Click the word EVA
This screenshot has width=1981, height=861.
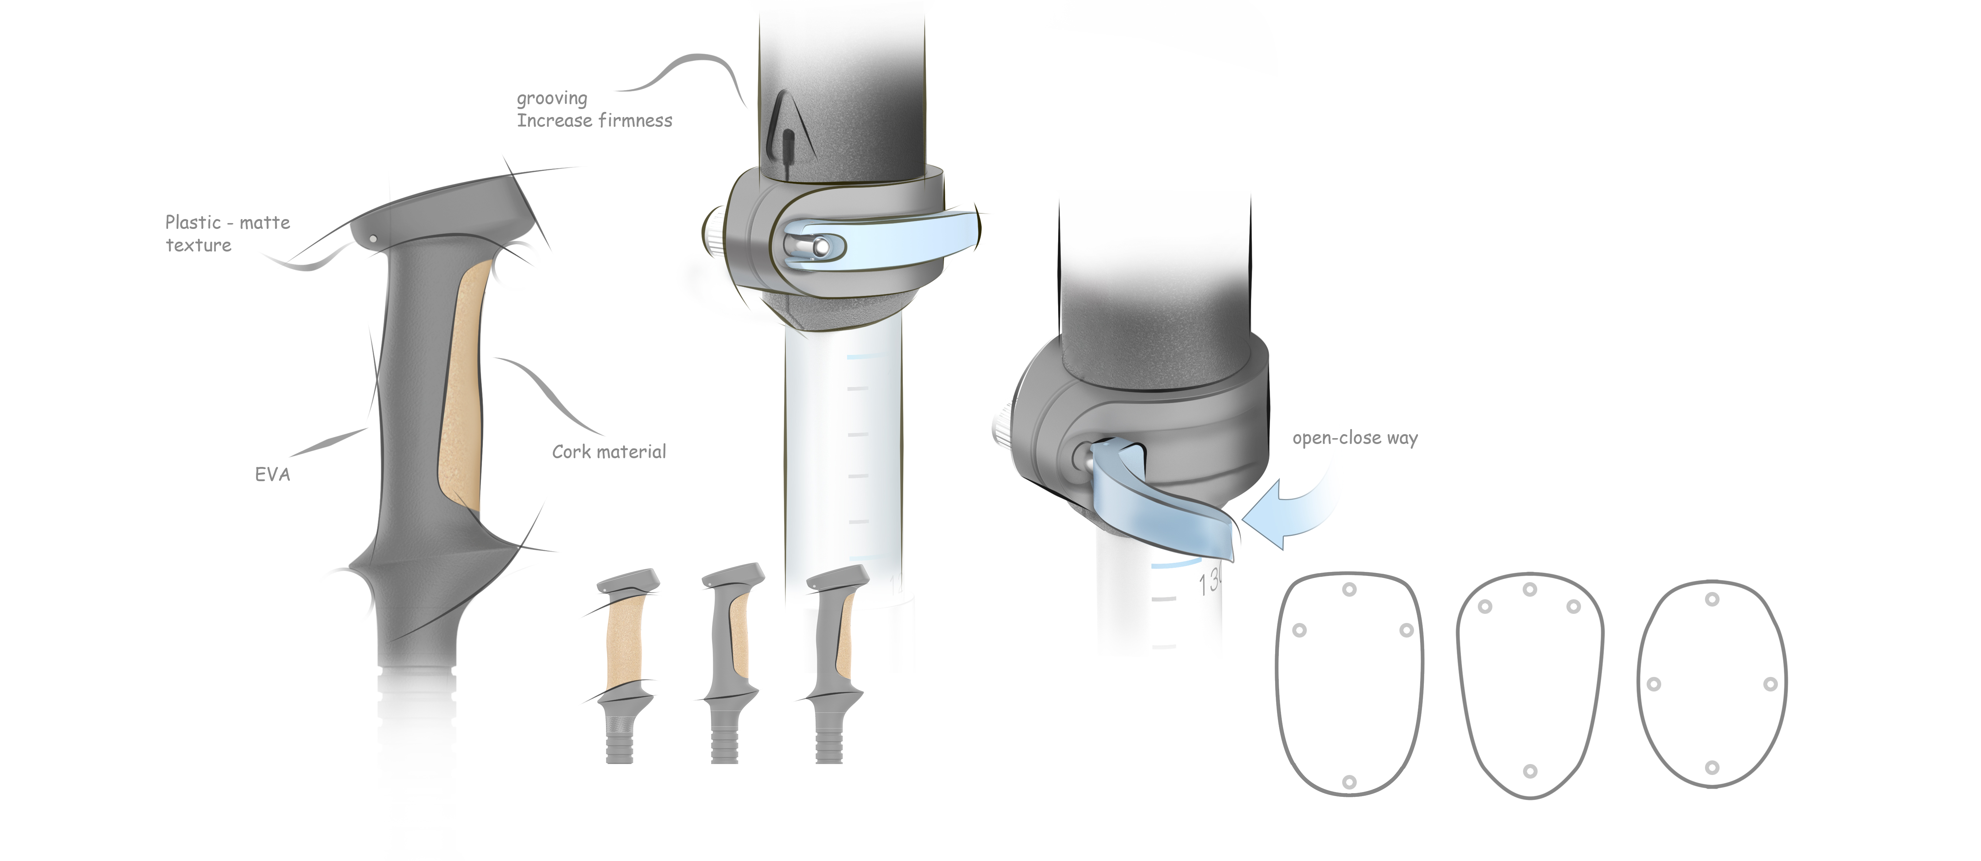pos(272,474)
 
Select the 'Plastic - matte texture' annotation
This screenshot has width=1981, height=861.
pos(228,233)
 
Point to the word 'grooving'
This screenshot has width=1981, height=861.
pos(551,98)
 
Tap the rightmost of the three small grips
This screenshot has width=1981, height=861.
pos(834,661)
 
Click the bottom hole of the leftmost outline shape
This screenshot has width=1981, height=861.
pos(1349,782)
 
